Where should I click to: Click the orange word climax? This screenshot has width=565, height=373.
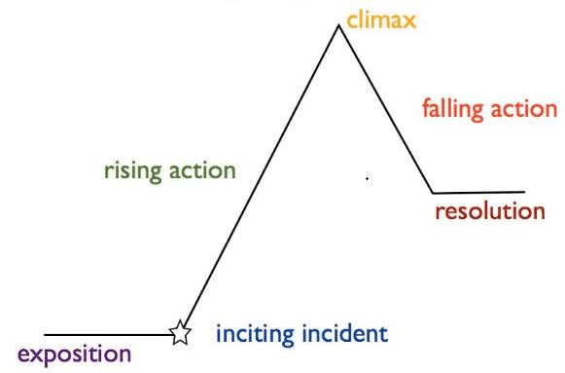point(381,19)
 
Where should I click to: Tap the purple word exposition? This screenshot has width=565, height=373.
point(75,354)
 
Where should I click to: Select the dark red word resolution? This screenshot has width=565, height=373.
point(490,210)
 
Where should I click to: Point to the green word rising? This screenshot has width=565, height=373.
point(132,170)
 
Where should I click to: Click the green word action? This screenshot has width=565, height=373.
point(202,170)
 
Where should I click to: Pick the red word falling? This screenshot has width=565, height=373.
point(452,109)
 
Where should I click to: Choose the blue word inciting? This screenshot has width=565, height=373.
point(255,334)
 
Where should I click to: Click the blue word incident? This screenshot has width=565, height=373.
point(345,334)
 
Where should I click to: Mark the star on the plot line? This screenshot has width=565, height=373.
point(180,332)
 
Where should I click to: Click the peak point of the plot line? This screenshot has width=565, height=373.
point(338,25)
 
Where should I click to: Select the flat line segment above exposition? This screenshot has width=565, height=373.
point(108,335)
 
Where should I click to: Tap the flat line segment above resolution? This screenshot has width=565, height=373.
point(478,192)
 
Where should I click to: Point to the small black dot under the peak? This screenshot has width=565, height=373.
point(367,178)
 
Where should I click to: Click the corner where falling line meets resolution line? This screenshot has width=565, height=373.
point(433,193)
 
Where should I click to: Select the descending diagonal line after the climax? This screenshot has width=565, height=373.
point(385,109)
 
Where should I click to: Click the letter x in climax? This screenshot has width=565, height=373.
point(409,22)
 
